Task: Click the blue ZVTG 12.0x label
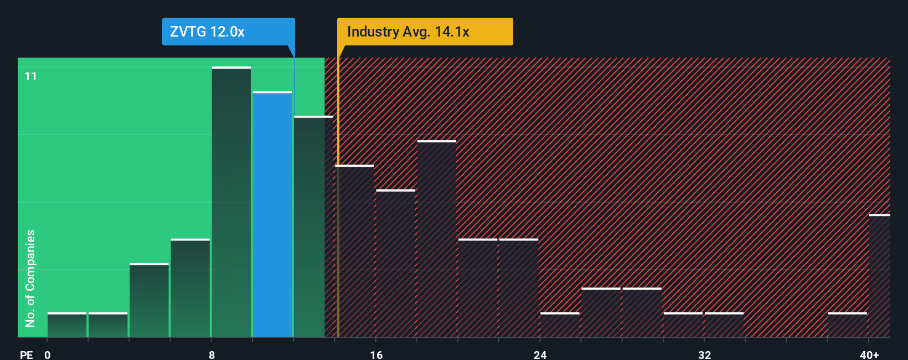pos(228,32)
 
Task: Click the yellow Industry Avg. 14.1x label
pos(425,32)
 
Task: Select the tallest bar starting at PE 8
pos(231,202)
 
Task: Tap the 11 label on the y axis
pos(30,76)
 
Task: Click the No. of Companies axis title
pos(30,278)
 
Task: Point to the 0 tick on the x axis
pos(48,354)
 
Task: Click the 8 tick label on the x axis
pos(211,354)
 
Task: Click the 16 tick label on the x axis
pos(376,354)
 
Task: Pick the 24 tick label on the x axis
pos(540,354)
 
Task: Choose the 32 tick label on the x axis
pos(704,354)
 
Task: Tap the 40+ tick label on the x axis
pos(869,354)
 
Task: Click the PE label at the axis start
pos(26,354)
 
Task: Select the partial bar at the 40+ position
pos(879,275)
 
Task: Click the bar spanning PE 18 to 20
pos(437,239)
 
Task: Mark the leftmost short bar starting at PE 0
pos(67,325)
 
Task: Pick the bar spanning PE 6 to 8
pos(190,287)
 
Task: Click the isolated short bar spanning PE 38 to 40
pos(847,325)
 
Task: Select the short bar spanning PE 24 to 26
pos(560,325)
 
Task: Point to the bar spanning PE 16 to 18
pos(396,263)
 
